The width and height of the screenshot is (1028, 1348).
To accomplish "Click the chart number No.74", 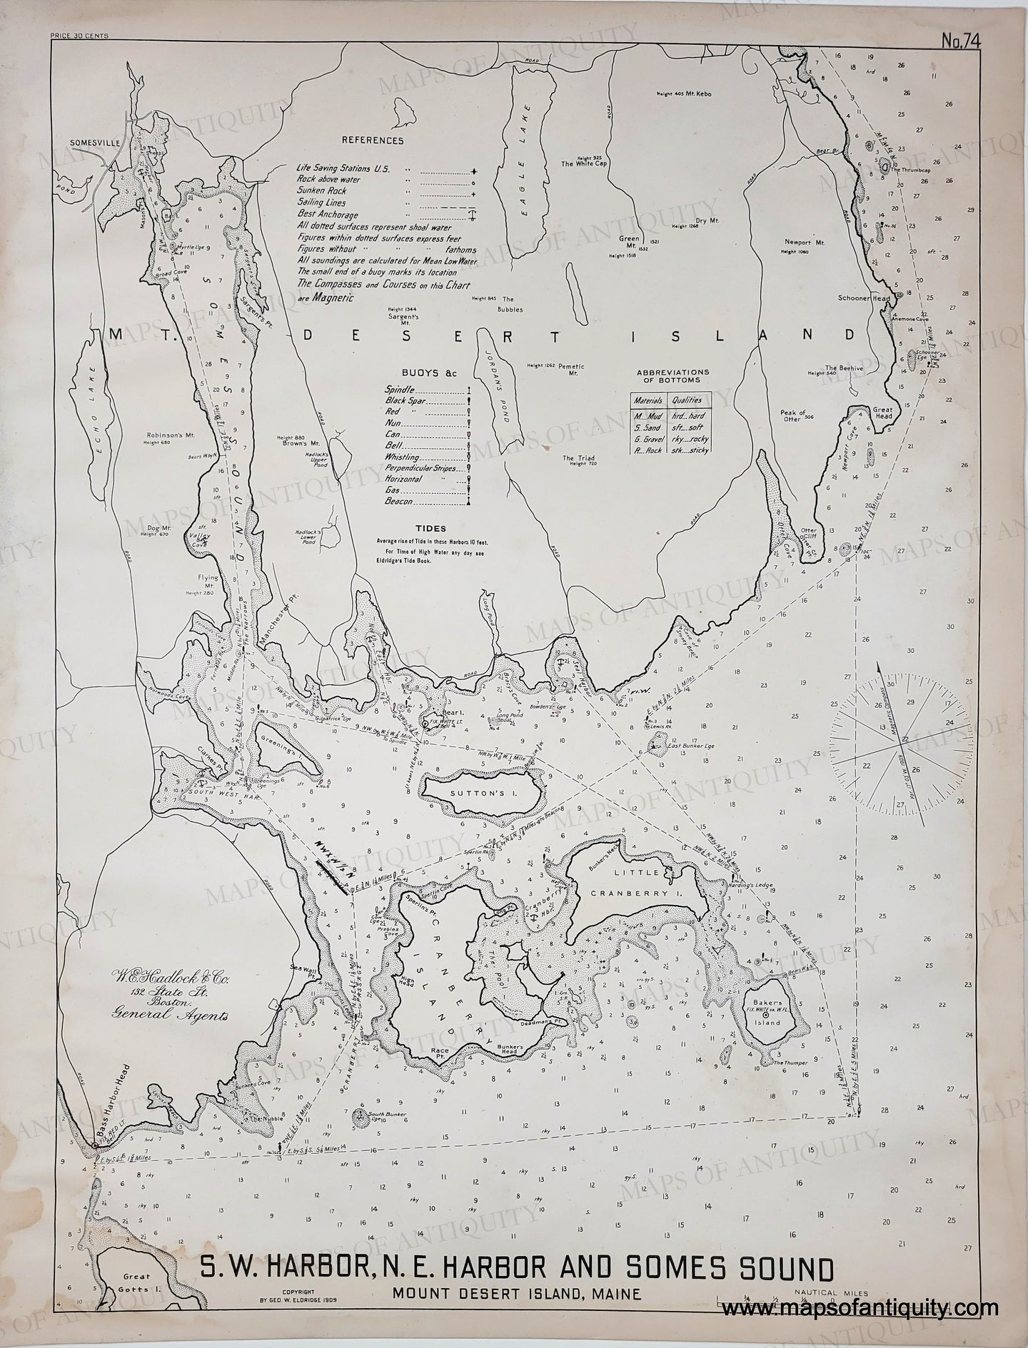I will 961,41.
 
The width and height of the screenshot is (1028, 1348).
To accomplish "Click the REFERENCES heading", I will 372,141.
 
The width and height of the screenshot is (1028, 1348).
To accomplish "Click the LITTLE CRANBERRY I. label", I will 647,882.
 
